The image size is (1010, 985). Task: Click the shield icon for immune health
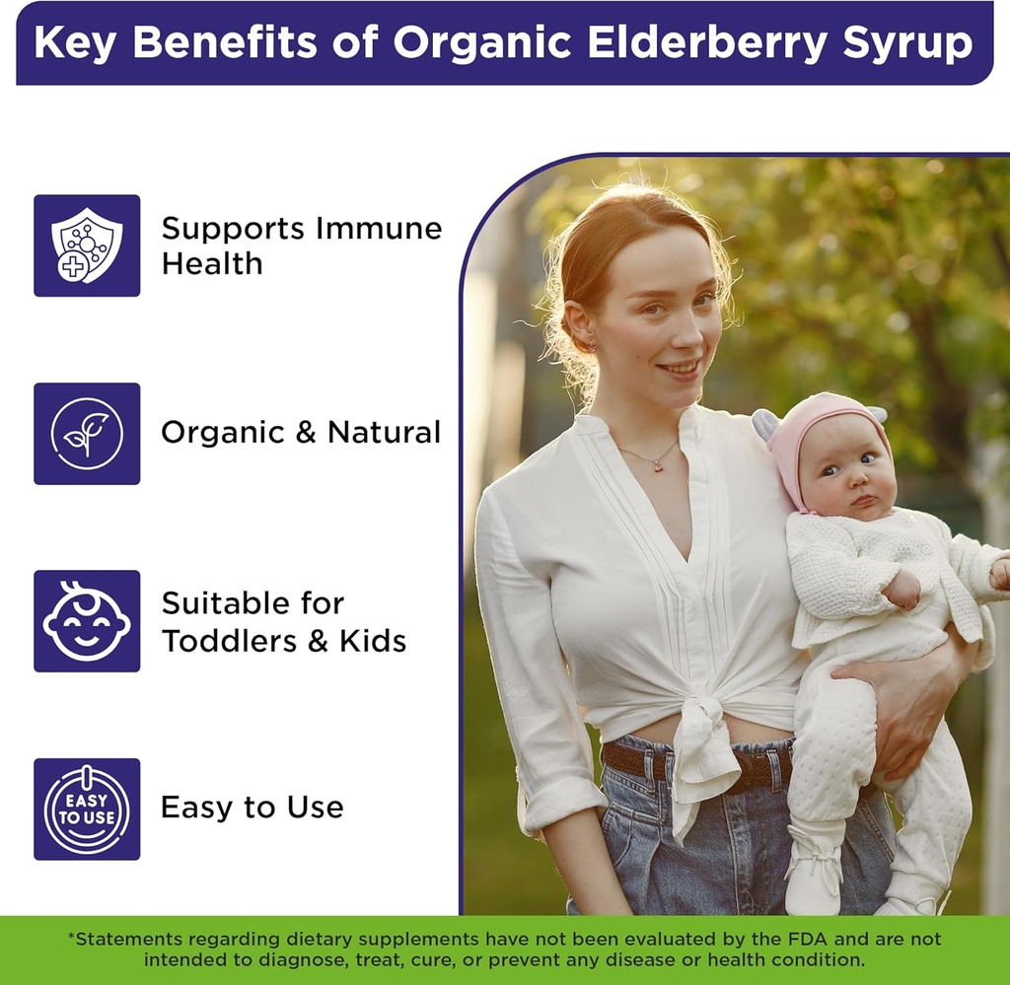coord(87,246)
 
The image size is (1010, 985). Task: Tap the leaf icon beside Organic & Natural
coord(87,434)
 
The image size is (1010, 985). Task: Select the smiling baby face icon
coord(87,621)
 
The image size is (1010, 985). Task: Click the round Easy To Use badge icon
coord(87,809)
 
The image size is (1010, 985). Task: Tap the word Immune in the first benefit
coord(379,229)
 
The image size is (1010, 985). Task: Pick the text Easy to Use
coord(252,808)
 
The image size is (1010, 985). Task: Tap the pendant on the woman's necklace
coord(655,464)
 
